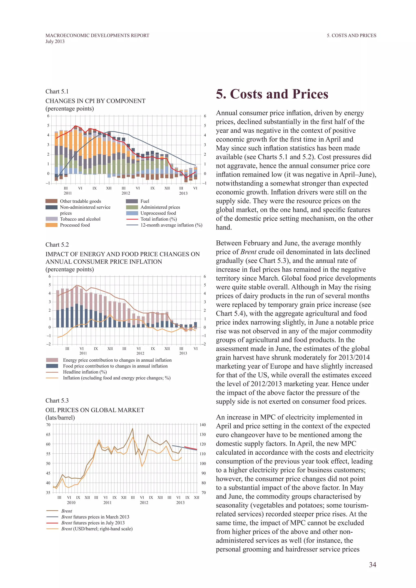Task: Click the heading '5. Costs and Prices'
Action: (x=272, y=94)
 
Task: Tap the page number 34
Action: (x=373, y=564)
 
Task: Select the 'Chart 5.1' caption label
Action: (x=57, y=91)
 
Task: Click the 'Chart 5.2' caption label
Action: (x=57, y=245)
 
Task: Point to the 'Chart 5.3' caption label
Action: (x=57, y=401)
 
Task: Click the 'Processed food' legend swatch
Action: (x=51, y=225)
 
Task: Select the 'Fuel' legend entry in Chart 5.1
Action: (x=145, y=201)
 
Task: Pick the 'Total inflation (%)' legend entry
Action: (x=158, y=219)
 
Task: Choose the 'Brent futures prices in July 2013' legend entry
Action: (x=93, y=523)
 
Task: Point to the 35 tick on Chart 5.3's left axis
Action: (x=48, y=493)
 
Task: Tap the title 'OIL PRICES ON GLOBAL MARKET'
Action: (x=95, y=410)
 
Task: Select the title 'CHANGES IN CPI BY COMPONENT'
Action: (x=95, y=101)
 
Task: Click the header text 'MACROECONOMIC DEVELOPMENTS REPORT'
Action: (x=97, y=35)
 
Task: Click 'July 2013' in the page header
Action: (x=55, y=41)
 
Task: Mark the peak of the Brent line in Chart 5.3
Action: (x=132, y=428)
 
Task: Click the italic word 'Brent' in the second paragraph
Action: (x=248, y=252)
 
